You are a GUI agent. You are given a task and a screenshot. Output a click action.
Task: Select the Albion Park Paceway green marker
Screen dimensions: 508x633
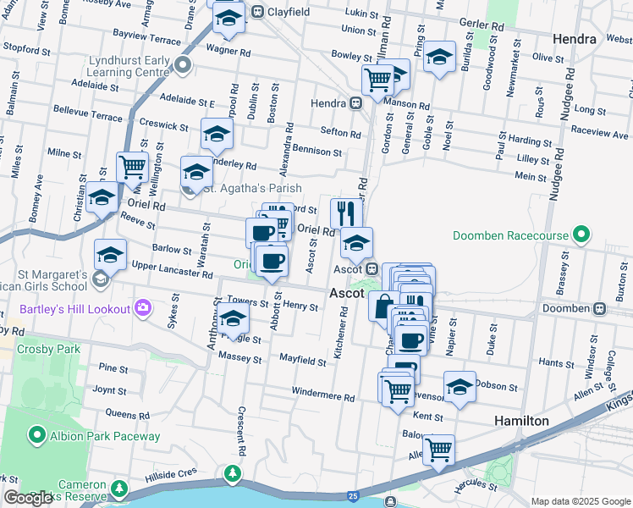point(37,436)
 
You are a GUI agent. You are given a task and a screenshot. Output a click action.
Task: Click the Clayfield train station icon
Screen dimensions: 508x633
point(256,13)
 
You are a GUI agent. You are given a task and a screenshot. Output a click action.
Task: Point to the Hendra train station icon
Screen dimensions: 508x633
point(356,102)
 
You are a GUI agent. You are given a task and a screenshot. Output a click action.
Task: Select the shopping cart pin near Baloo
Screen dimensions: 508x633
point(438,450)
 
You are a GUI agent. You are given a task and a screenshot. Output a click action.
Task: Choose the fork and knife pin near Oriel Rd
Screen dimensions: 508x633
point(346,213)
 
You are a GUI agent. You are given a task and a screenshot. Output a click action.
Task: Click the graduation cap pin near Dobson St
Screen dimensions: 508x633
point(460,386)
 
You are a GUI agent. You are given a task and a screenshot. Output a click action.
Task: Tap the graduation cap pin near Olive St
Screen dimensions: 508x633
point(438,56)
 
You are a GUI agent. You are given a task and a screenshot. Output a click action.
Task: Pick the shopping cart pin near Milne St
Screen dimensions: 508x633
point(132,167)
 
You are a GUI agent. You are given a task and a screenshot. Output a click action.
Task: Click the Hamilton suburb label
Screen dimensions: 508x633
point(522,420)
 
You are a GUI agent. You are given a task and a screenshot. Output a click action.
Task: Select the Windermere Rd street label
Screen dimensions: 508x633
point(323,395)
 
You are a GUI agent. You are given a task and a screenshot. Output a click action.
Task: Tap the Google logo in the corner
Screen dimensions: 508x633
point(28,498)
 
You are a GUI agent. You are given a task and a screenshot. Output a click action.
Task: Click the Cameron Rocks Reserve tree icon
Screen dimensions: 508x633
point(119,489)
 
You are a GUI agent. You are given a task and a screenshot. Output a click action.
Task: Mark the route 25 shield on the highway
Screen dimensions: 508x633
point(352,494)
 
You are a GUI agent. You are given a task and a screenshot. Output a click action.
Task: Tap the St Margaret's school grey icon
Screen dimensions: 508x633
point(100,279)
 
